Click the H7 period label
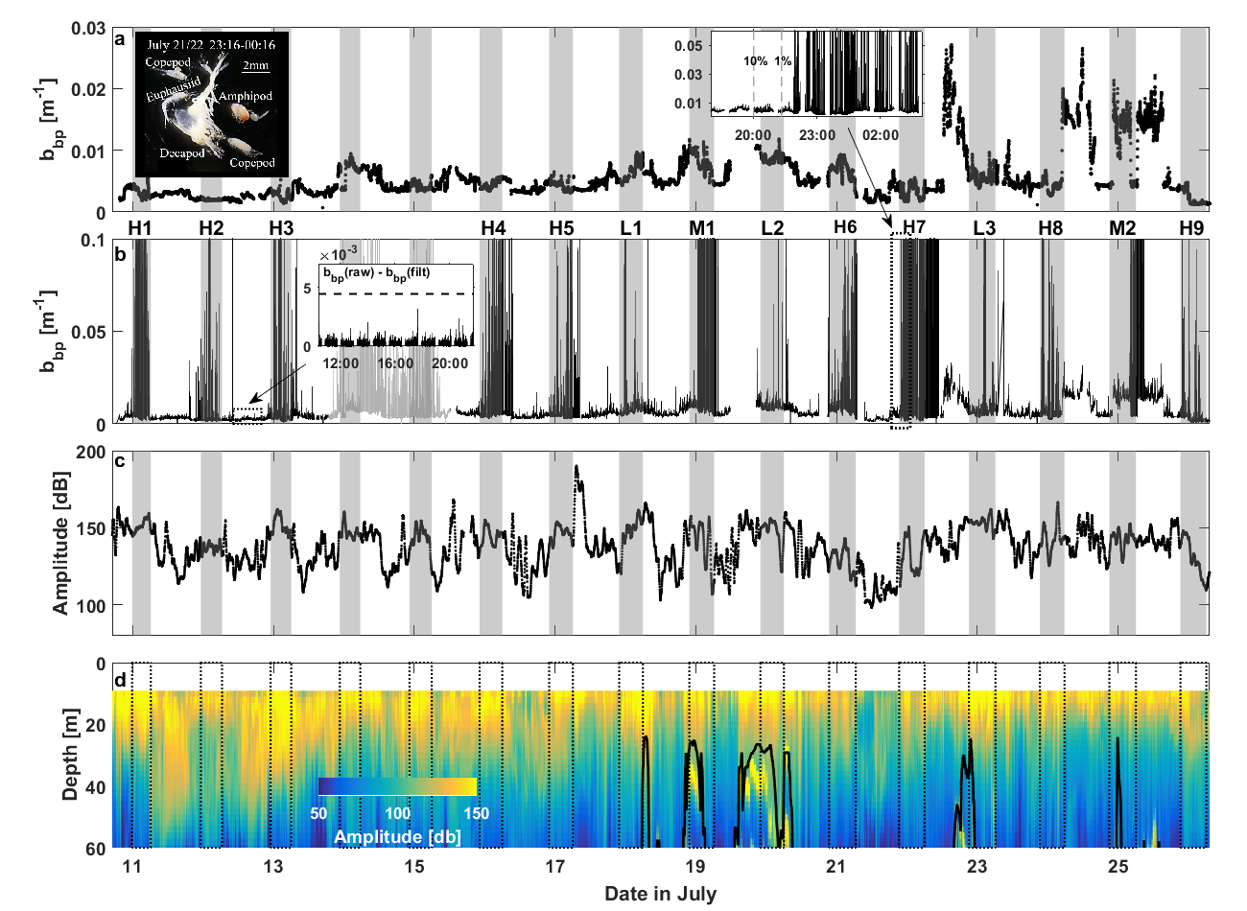(914, 228)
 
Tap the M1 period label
(702, 228)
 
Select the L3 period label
(984, 228)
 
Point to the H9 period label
(1191, 228)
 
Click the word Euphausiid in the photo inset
(174, 96)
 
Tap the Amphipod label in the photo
(246, 96)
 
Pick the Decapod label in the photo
(182, 153)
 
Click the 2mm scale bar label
(255, 65)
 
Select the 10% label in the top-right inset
(755, 61)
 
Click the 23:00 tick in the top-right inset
(817, 135)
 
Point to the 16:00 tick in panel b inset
(395, 363)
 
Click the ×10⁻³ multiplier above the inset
(336, 254)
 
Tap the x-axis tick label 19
(695, 868)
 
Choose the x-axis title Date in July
(660, 894)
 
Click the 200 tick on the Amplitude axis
(88, 453)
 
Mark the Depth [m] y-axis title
(70, 755)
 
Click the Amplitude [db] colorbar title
(397, 836)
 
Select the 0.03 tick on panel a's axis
(88, 28)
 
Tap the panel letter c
(120, 461)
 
